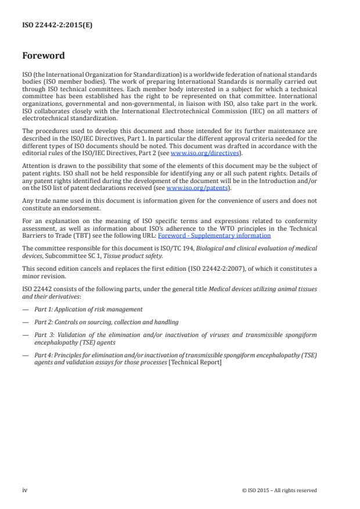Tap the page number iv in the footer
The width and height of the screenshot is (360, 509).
[25, 490]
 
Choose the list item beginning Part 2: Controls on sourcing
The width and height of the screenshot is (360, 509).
[106, 322]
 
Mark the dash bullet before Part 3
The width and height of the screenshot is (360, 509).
[25, 335]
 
